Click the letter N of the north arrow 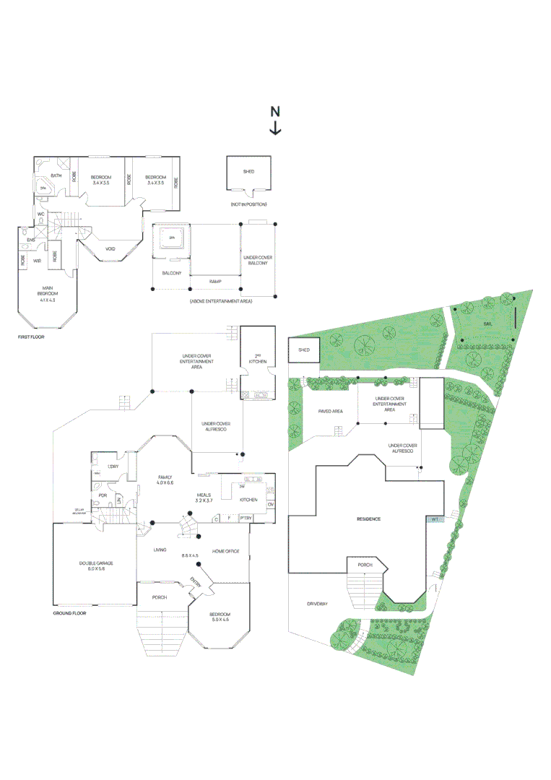pos(275,111)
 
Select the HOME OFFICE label pos(225,551)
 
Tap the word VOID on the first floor pos(110,248)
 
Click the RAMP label pos(214,281)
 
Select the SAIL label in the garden pos(488,324)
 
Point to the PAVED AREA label pos(330,411)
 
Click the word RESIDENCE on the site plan pos(368,519)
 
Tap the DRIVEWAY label pos(317,603)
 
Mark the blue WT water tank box pos(435,519)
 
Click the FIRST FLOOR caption pos(31,337)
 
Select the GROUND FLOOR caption pos(69,613)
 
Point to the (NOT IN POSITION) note pos(249,205)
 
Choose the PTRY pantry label pos(246,518)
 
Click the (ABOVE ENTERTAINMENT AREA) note pos(220,300)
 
